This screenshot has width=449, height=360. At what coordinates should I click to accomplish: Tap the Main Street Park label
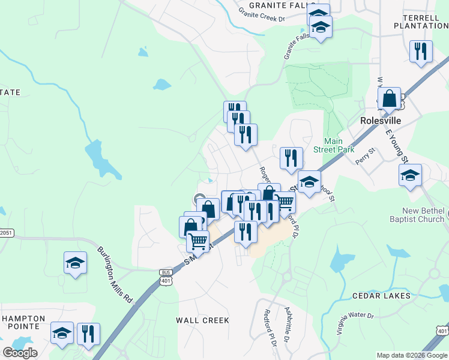click(334, 145)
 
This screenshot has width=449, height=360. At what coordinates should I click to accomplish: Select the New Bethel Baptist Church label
click(424, 215)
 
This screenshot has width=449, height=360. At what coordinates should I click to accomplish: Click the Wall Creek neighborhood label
click(203, 320)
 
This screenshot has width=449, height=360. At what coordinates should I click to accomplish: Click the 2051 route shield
click(6, 233)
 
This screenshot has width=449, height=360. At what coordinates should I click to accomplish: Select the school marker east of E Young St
click(411, 175)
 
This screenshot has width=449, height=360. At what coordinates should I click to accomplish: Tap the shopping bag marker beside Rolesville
click(390, 99)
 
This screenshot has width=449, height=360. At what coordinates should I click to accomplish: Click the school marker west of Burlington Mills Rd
click(76, 262)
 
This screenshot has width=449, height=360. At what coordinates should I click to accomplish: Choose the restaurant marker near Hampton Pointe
click(89, 334)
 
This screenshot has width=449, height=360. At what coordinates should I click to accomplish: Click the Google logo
click(19, 352)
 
